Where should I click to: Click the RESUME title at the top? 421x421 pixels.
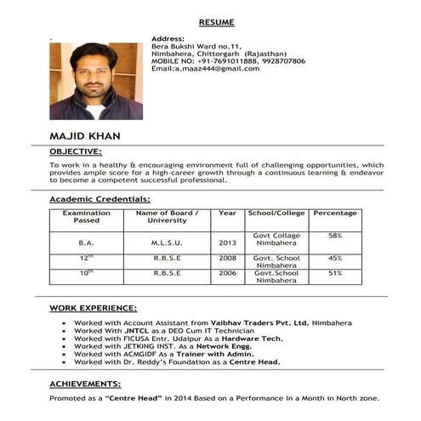(216, 21)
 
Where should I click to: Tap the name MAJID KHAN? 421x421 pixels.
(85, 136)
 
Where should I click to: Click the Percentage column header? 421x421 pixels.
(334, 213)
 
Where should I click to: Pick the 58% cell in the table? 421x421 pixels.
(334, 235)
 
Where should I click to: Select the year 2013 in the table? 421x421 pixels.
(227, 242)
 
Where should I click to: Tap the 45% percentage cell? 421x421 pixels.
(334, 257)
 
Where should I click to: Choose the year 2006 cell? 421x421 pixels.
(227, 273)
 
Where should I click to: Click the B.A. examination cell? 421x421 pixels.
(86, 242)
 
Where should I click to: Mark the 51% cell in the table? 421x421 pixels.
(334, 273)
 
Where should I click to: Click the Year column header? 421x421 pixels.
(227, 213)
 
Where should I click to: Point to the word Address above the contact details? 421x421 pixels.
(167, 39)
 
